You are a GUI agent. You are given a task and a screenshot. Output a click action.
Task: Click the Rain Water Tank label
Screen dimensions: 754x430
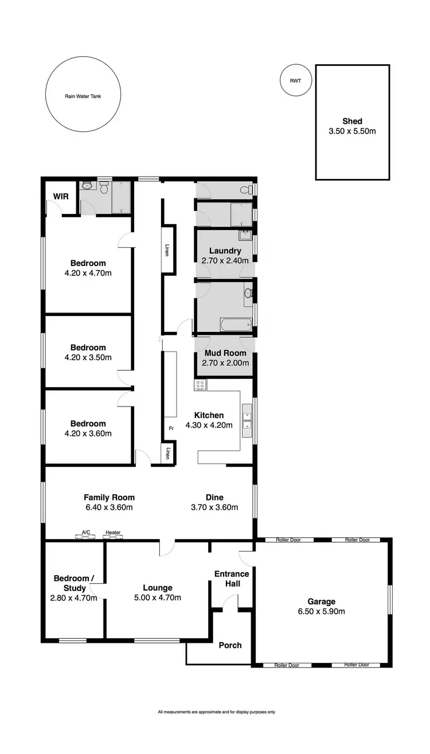(83, 97)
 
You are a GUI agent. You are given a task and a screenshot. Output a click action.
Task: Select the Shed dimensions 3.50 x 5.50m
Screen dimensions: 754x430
(352, 131)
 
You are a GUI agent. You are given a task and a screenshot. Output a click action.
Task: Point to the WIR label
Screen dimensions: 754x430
(61, 197)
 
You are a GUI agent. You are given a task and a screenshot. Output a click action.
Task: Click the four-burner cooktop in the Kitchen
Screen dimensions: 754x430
(200, 385)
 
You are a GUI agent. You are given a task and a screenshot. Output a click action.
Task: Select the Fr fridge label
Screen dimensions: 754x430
(171, 428)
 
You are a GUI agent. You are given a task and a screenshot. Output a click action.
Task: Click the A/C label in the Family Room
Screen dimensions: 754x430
(86, 533)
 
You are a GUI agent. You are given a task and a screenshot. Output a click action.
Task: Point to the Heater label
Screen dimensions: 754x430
(113, 533)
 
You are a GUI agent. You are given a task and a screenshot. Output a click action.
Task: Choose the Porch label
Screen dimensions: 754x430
(230, 645)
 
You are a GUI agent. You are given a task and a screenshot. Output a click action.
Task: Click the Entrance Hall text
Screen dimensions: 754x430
(232, 579)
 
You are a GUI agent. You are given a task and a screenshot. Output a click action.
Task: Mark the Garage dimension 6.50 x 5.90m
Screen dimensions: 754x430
(321, 611)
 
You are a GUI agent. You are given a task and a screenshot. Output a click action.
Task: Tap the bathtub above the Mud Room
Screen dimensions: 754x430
(235, 326)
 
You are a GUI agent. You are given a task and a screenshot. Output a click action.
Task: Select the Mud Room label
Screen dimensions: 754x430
(225, 353)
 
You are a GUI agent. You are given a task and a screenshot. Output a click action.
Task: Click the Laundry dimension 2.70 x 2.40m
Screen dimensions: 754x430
(225, 260)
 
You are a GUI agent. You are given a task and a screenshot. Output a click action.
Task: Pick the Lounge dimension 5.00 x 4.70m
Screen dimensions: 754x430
(158, 597)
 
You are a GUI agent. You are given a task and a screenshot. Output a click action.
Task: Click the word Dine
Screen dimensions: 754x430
(214, 497)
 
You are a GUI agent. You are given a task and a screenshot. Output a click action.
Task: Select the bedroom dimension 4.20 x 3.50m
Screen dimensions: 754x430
(88, 357)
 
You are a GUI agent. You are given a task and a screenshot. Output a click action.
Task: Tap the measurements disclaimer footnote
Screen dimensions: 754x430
(216, 712)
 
